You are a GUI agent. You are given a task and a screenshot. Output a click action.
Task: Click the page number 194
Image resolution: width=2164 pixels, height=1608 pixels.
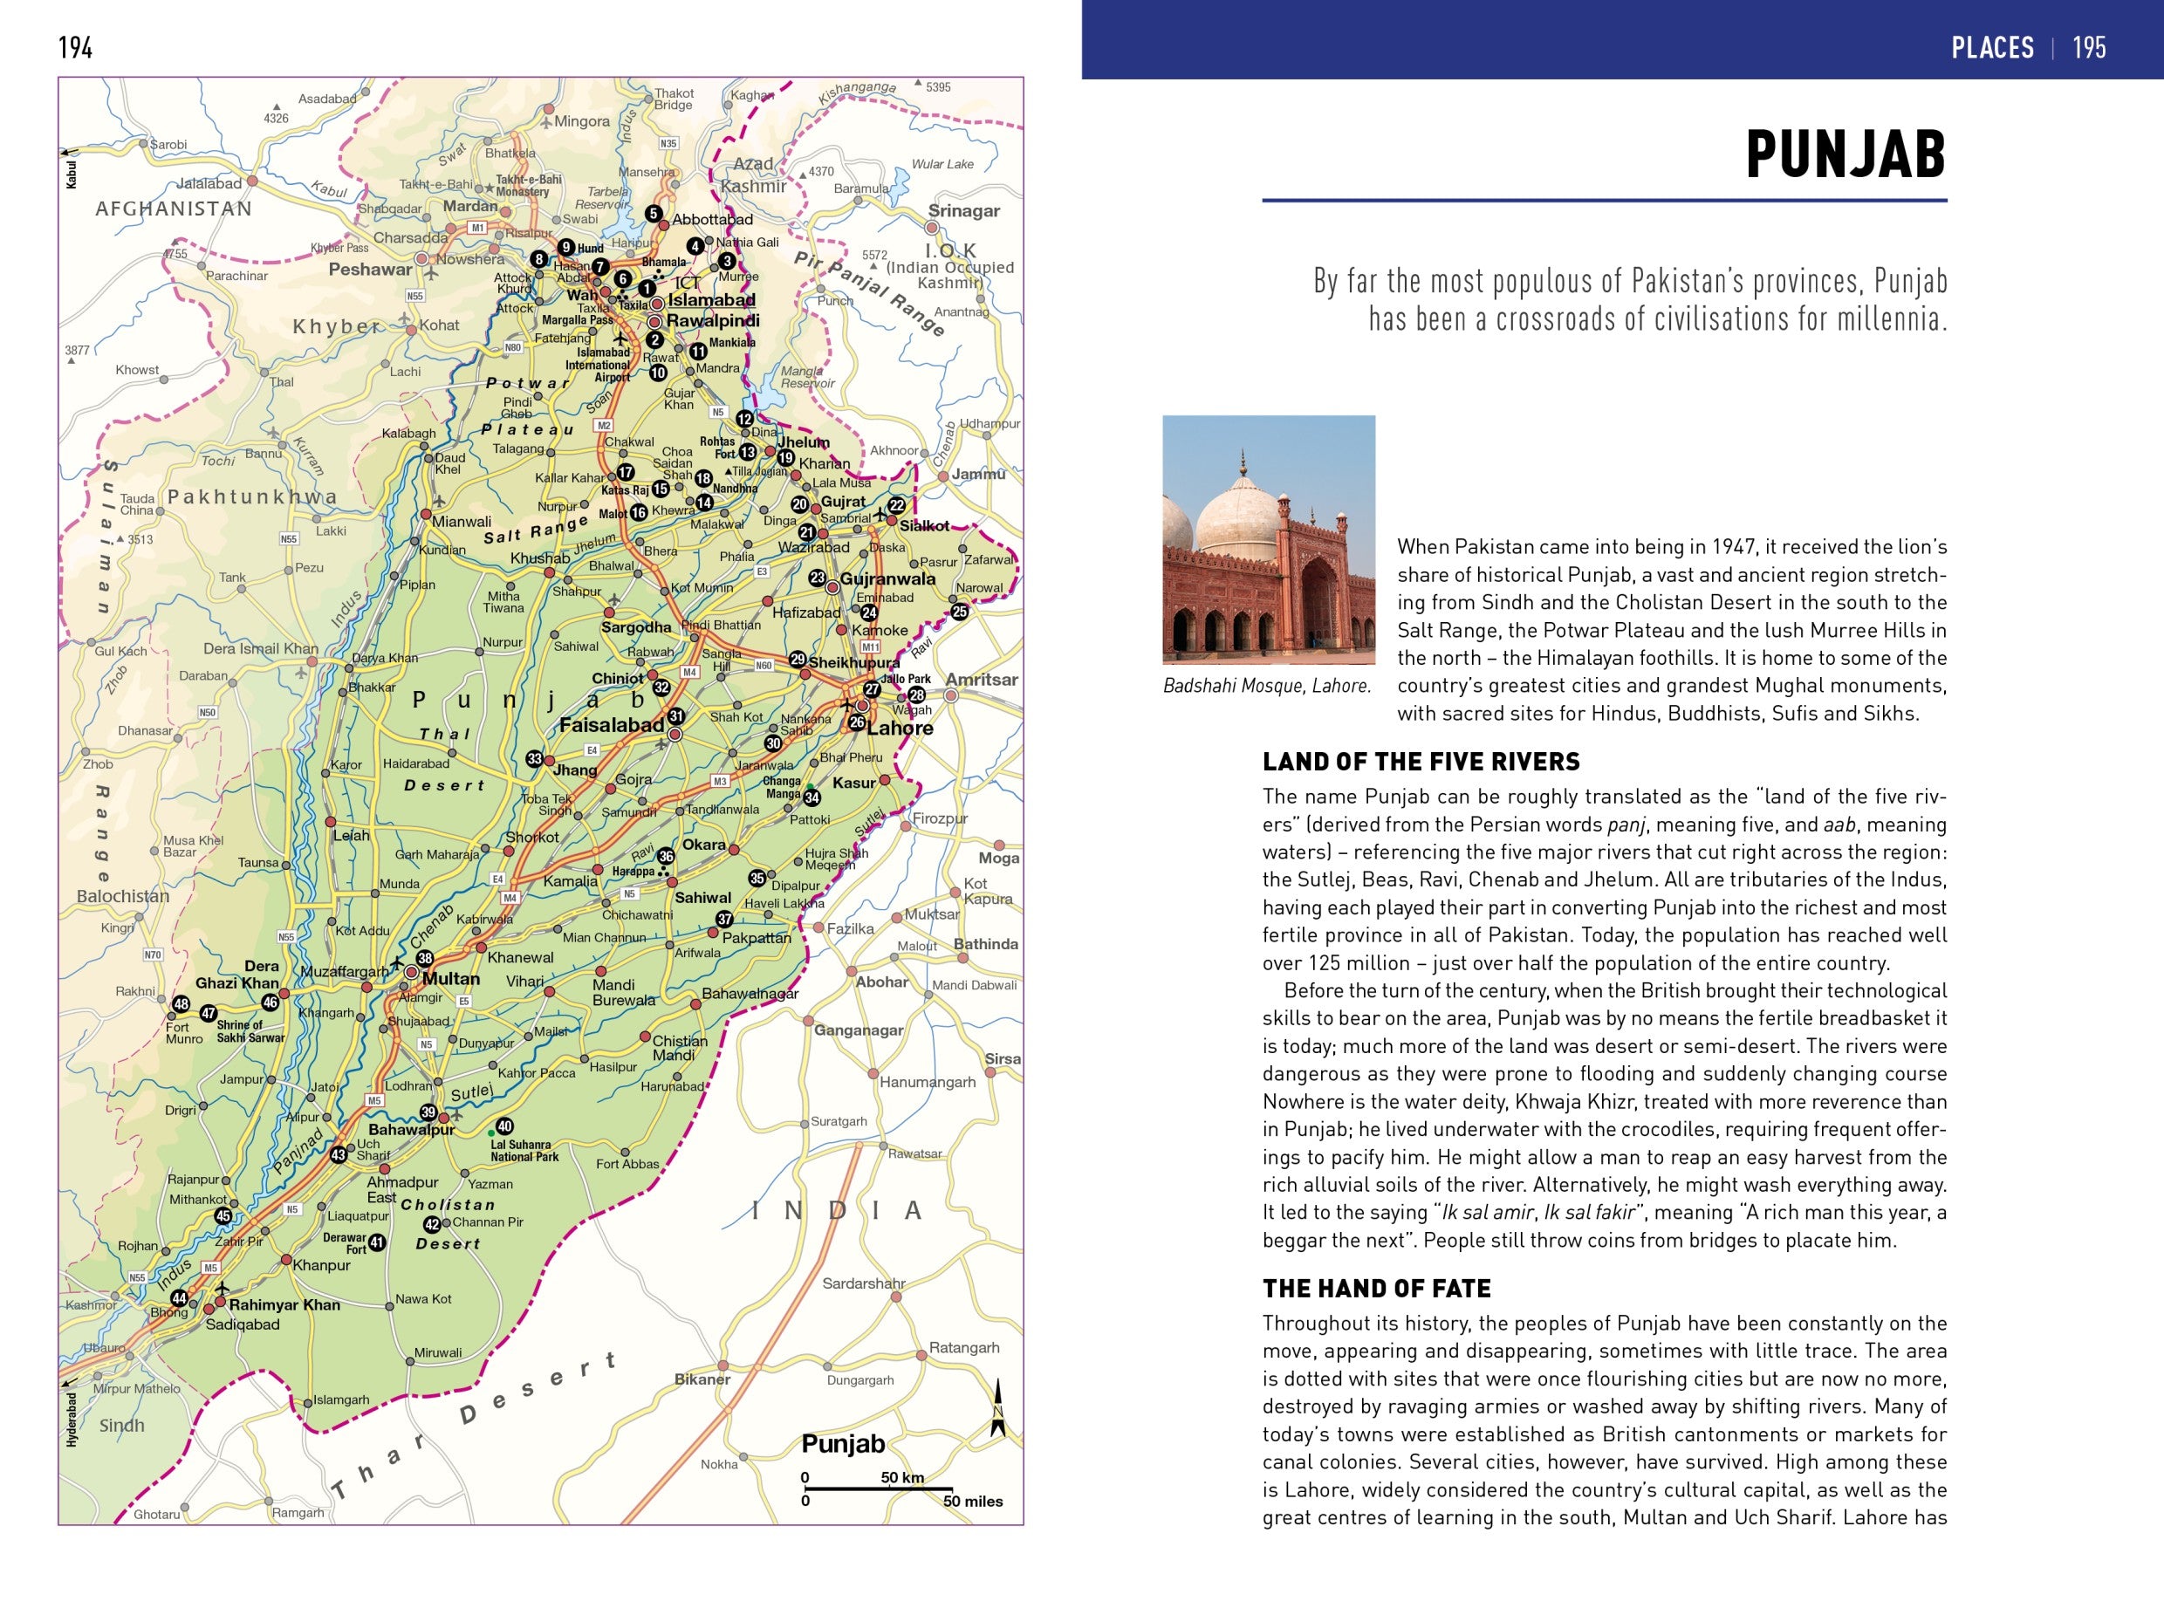75,48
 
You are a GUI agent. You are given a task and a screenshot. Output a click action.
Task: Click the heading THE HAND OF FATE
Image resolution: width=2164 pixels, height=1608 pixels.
1375,1289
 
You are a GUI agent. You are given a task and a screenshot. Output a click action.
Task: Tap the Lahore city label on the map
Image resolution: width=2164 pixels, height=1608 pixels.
900,728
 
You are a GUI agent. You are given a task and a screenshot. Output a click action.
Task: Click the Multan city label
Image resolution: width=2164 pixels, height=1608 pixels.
451,979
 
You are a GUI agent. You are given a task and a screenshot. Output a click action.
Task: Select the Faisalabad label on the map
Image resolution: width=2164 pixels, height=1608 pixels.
612,725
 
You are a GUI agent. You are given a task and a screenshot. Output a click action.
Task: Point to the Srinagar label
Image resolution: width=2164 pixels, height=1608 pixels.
962,211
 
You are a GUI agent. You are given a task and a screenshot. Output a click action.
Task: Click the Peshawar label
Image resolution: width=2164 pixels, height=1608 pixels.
370,270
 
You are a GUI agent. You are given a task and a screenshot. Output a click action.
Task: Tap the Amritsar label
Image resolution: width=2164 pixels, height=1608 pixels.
982,680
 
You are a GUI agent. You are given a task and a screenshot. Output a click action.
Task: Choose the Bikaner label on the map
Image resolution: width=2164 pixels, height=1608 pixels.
702,1379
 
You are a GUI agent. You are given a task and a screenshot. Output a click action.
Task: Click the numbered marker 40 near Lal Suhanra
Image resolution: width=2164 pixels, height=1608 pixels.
504,1126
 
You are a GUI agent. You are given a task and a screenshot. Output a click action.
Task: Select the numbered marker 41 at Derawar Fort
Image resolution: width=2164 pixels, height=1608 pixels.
377,1243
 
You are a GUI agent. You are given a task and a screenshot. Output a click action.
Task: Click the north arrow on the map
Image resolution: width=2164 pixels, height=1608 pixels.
996,1407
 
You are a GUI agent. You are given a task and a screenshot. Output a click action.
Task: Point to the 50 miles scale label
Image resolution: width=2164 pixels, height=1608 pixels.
971,1501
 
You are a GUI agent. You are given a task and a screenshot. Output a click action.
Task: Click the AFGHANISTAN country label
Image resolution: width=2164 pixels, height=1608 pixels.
174,209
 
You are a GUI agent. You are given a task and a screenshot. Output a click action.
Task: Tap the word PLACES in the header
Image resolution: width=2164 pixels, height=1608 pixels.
1992,48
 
